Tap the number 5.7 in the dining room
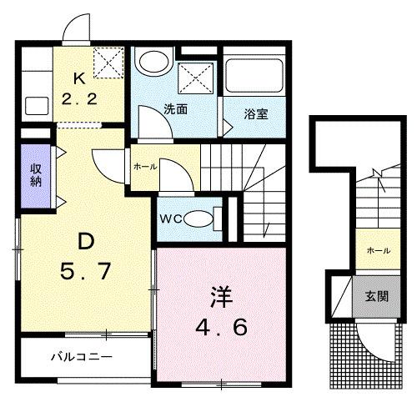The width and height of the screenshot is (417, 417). click(x=86, y=273)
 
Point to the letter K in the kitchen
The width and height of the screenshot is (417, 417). click(x=79, y=81)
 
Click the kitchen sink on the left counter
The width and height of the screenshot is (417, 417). click(x=37, y=107)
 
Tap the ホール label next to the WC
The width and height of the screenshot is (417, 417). click(x=144, y=167)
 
